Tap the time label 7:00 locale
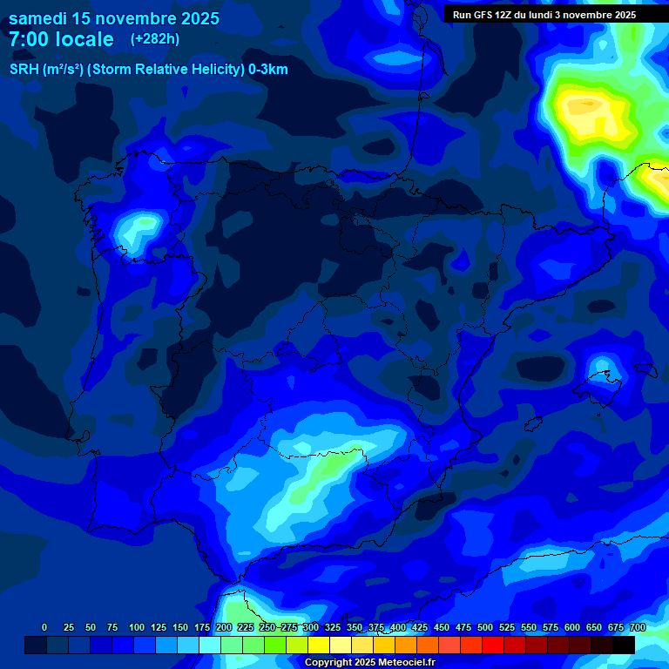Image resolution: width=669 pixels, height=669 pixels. click(61, 39)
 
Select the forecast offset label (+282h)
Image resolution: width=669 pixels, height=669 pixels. click(154, 39)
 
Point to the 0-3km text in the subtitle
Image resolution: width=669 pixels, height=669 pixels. click(267, 70)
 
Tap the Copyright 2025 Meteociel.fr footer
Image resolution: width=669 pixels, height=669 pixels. click(369, 663)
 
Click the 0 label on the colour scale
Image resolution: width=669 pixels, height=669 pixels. click(44, 627)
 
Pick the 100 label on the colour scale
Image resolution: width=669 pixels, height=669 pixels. click(136, 627)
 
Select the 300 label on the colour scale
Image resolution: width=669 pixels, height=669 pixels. click(310, 627)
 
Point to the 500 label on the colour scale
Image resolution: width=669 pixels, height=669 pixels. click(485, 627)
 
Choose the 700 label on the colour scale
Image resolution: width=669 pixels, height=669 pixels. click(638, 627)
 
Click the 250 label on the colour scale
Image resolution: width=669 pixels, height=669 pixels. click(267, 627)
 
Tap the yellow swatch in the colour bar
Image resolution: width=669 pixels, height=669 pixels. click(319, 645)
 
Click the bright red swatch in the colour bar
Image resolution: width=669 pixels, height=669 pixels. click(493, 645)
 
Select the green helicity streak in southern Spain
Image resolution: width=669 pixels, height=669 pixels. click(327, 470)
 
